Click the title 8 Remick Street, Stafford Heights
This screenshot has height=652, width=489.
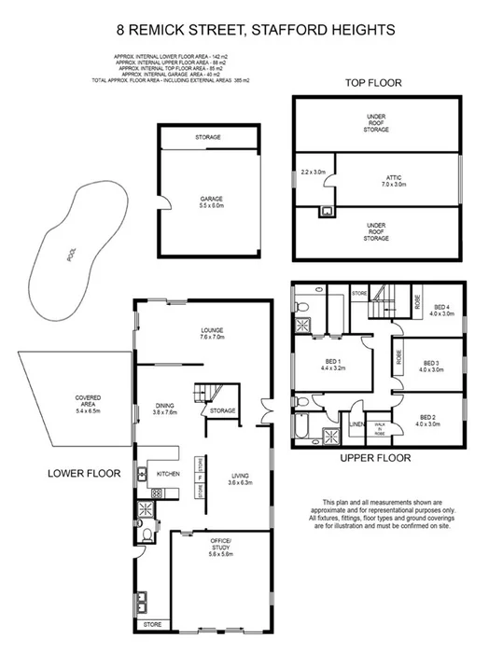tap(244, 30)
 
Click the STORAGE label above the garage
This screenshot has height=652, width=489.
tap(208, 137)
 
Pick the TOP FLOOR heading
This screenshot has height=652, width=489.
tap(373, 83)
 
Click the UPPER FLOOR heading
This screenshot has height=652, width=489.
tap(377, 458)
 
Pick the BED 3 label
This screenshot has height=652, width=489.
tap(430, 367)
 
